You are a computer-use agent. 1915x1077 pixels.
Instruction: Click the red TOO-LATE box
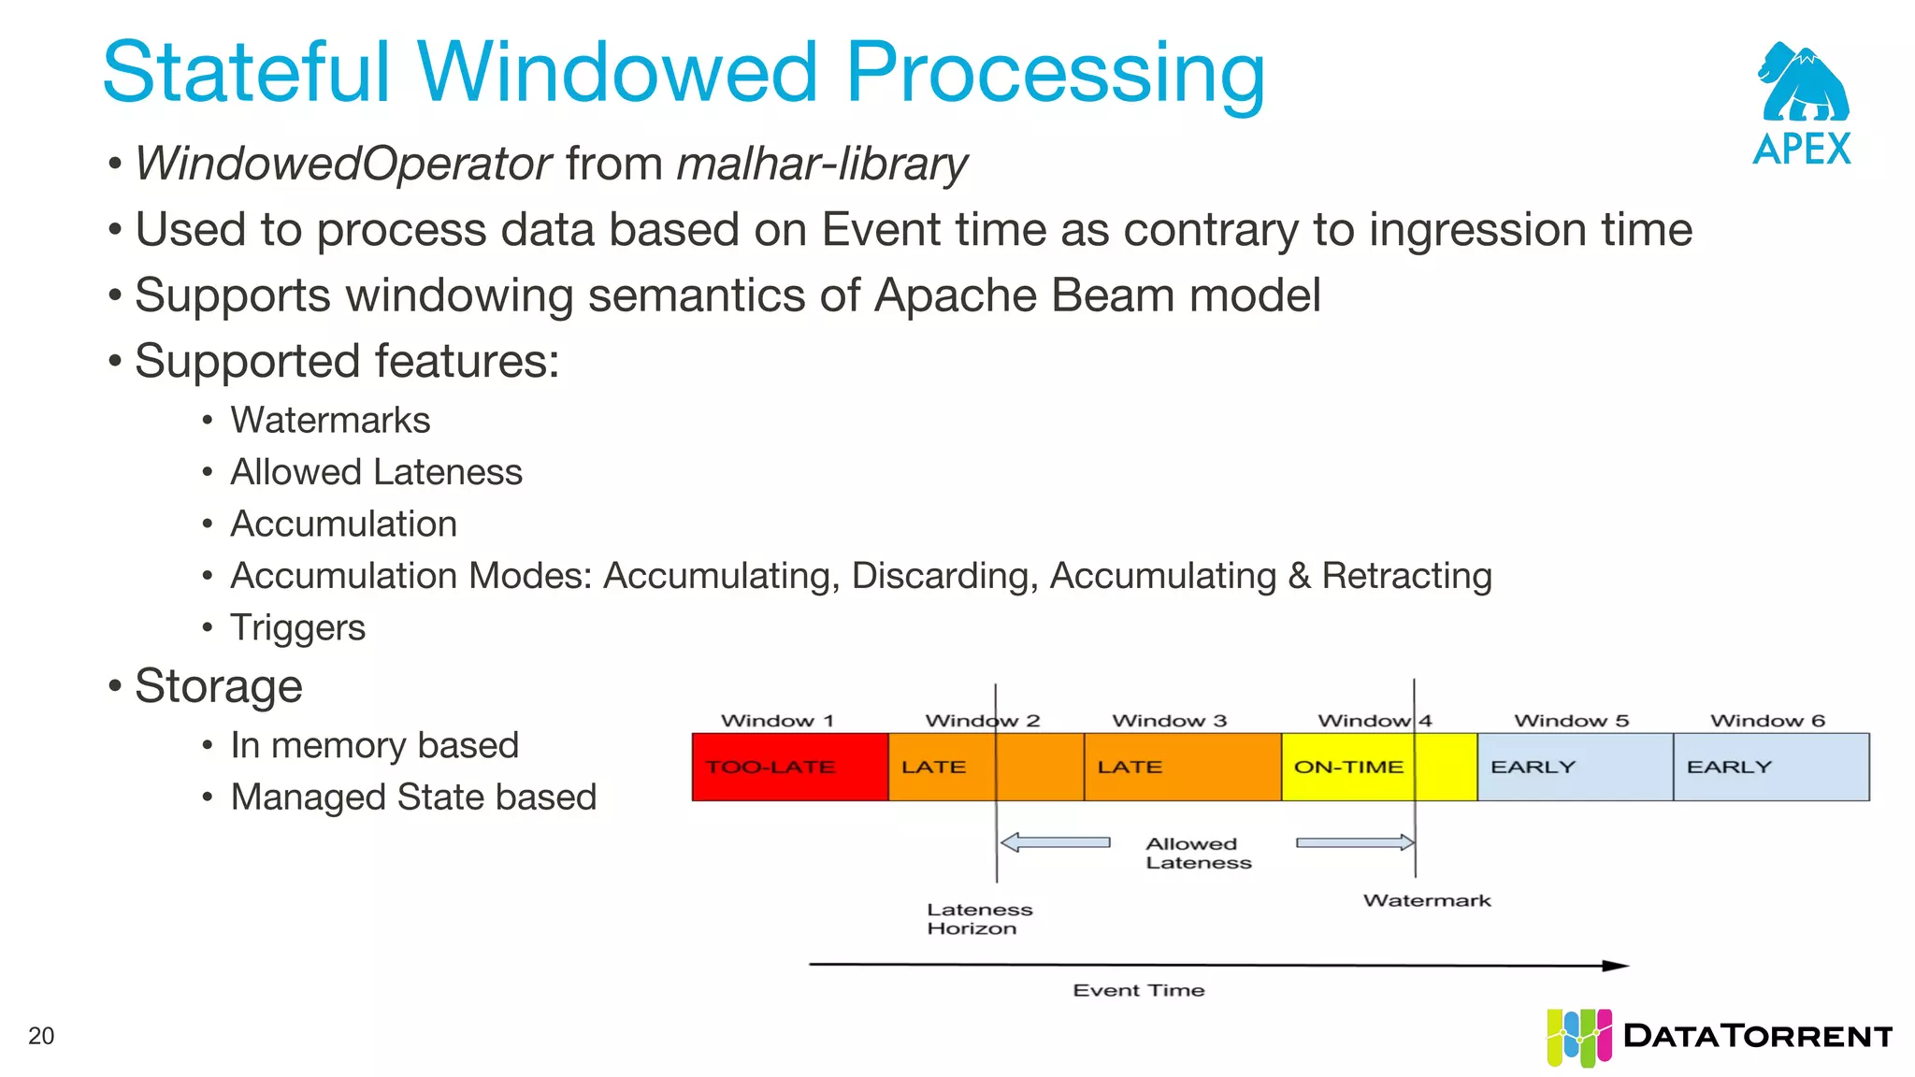click(x=789, y=767)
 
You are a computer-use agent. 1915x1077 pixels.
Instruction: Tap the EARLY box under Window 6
click(x=1771, y=767)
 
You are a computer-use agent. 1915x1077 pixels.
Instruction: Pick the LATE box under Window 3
click(x=1182, y=767)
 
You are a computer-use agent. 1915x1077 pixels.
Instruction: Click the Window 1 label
click(x=777, y=721)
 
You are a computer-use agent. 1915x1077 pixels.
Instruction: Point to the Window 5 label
click(x=1571, y=721)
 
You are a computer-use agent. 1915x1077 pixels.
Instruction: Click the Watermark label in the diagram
click(x=1427, y=900)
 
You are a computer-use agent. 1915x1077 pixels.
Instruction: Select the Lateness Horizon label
click(x=978, y=918)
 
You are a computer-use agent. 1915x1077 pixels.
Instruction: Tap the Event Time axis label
click(x=1138, y=990)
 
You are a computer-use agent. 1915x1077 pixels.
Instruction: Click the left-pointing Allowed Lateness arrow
click(x=1055, y=842)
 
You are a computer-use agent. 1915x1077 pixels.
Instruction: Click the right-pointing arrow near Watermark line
click(x=1355, y=842)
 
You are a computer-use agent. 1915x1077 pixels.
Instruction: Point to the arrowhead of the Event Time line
click(x=1616, y=966)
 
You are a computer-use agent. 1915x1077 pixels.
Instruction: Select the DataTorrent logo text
click(x=1758, y=1036)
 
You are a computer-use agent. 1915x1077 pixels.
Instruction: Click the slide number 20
click(x=41, y=1036)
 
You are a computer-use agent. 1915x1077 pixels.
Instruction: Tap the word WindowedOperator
click(x=343, y=165)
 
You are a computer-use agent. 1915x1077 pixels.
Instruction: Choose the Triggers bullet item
click(x=297, y=627)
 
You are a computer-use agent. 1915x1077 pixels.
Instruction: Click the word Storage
click(x=218, y=686)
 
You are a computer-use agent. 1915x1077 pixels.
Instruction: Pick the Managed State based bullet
click(x=413, y=797)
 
